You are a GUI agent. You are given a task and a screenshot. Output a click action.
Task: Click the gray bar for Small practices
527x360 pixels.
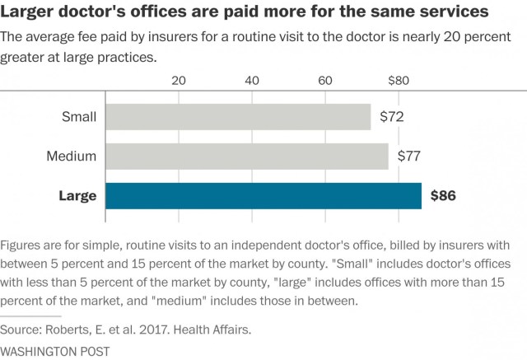pyautogui.click(x=238, y=117)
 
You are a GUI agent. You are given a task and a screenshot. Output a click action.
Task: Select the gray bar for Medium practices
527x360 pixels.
pyautogui.click(x=247, y=156)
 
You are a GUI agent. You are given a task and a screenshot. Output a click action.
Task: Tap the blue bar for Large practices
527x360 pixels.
pyautogui.click(x=263, y=195)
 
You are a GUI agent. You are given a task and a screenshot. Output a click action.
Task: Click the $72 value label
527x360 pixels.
pyautogui.click(x=391, y=117)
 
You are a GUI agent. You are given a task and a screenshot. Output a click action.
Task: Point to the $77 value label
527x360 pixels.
pyautogui.click(x=409, y=156)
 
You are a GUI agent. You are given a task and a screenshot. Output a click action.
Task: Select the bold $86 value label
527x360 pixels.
pyautogui.click(x=442, y=196)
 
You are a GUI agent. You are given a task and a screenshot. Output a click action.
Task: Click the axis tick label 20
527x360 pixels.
pyautogui.click(x=178, y=81)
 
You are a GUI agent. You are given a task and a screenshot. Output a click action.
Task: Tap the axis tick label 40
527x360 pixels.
pyautogui.click(x=252, y=81)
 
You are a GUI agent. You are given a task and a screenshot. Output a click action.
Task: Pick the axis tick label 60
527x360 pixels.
pyautogui.click(x=325, y=81)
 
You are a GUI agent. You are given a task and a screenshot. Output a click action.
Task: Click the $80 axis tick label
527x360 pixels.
pyautogui.click(x=398, y=81)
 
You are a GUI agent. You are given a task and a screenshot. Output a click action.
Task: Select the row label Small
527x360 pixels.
pyautogui.click(x=79, y=117)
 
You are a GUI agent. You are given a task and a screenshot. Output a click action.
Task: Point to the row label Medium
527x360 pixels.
pyautogui.click(x=72, y=156)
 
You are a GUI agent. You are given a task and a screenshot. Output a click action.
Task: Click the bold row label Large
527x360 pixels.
pyautogui.click(x=77, y=196)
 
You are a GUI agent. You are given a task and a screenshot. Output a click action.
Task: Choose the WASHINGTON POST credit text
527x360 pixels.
pyautogui.click(x=55, y=351)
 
